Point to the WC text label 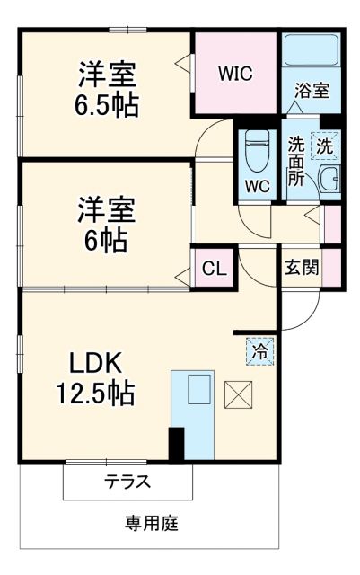[257, 187]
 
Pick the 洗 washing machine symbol [323, 145]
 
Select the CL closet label [214, 267]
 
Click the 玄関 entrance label [302, 267]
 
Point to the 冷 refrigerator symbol [259, 351]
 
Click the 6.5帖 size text [106, 105]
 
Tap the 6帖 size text [106, 240]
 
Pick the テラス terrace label [127, 482]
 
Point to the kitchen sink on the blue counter [198, 390]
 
